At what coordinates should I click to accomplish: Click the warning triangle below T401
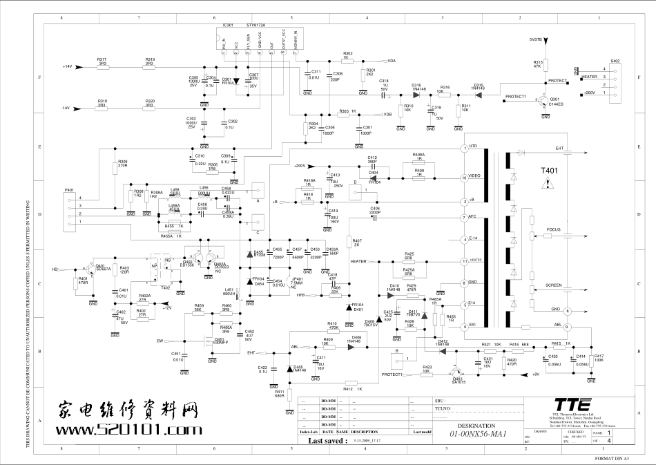(x=548, y=183)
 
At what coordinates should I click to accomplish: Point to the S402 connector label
(x=615, y=61)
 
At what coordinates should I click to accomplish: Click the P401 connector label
(x=68, y=189)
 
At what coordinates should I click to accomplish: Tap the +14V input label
(x=67, y=66)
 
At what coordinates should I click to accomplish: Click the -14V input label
(x=67, y=108)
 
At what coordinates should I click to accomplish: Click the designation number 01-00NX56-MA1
(x=479, y=435)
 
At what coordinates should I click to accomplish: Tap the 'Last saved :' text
(x=327, y=440)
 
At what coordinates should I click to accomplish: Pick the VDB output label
(x=388, y=114)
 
